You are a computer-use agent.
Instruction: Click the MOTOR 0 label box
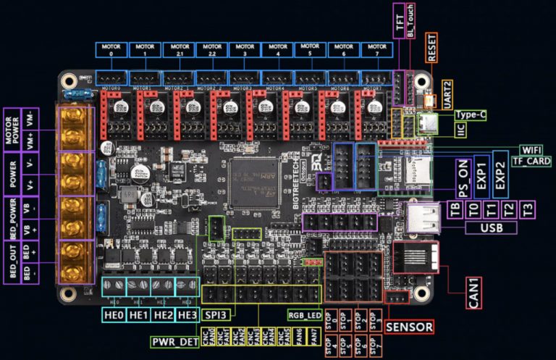tap(111, 50)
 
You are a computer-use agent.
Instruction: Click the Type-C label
tap(471, 115)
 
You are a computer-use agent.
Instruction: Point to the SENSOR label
tap(409, 327)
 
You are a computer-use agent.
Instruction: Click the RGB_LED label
tap(305, 314)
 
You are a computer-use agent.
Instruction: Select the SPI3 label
tap(216, 314)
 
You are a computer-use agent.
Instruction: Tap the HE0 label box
tap(114, 314)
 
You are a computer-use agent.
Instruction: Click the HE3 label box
tap(187, 314)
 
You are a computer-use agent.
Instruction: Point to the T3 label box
tap(527, 210)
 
